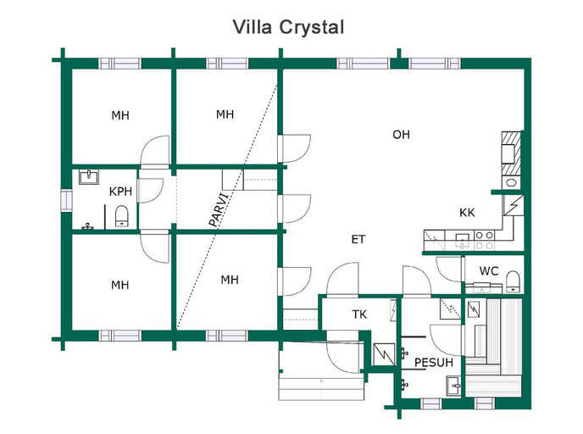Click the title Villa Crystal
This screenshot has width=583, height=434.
[x=288, y=27]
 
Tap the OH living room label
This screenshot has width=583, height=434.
[x=401, y=134]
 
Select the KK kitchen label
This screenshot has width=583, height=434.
[x=467, y=213]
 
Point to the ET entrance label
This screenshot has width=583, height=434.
[x=358, y=239]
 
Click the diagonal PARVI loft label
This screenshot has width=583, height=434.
[x=219, y=209]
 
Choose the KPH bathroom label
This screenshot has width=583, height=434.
[x=120, y=192]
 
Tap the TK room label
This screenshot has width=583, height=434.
[x=359, y=314]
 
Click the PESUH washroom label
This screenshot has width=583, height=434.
[x=434, y=362]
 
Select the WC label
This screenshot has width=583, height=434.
[x=489, y=270]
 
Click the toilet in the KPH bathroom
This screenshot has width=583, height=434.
[x=121, y=216]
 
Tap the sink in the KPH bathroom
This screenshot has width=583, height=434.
[x=89, y=176]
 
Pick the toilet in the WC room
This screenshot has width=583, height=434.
[x=514, y=281]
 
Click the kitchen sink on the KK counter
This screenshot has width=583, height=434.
[x=463, y=240]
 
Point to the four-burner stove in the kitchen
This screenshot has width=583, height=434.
[x=485, y=240]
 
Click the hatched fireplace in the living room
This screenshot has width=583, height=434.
[x=511, y=153]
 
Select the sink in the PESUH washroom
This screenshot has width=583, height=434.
[x=454, y=386]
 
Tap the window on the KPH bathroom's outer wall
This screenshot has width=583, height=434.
[x=66, y=200]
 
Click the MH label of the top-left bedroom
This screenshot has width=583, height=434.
[x=120, y=115]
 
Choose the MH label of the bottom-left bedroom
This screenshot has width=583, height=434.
[x=120, y=286]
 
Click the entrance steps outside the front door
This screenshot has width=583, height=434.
[x=321, y=388]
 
